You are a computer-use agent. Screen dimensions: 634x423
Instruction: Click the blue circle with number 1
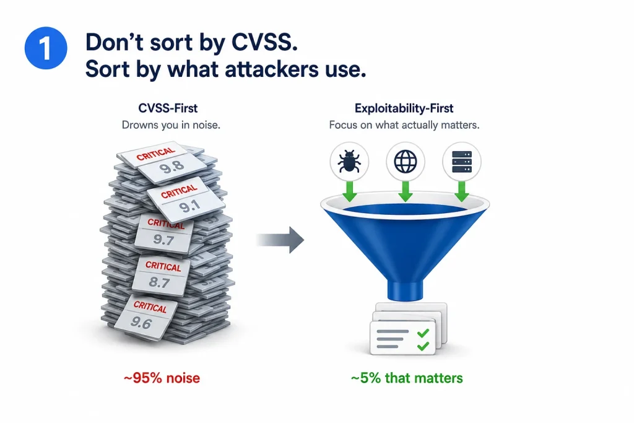(46, 48)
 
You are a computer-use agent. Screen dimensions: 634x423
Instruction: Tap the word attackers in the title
(271, 69)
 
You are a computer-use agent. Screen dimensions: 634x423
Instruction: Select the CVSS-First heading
(168, 108)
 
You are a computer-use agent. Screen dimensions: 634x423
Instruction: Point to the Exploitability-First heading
(404, 108)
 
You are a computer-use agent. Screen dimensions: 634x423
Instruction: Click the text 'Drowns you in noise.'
(171, 125)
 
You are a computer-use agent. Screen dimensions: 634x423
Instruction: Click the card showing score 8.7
(160, 276)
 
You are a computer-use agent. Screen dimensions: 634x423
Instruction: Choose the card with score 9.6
(146, 316)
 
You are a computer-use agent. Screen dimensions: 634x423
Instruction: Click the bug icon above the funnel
(349, 162)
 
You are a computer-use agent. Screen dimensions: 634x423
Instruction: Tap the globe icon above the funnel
(405, 162)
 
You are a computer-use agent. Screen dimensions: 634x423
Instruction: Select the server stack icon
(462, 162)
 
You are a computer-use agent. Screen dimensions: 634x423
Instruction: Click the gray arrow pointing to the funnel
(280, 240)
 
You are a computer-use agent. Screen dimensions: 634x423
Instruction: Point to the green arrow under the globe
(405, 191)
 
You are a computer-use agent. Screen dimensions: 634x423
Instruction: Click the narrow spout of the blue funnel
(405, 290)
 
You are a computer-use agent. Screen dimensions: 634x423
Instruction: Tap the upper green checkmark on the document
(423, 333)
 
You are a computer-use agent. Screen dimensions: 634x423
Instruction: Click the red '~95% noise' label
(162, 378)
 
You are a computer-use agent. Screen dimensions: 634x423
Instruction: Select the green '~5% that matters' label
(407, 378)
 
